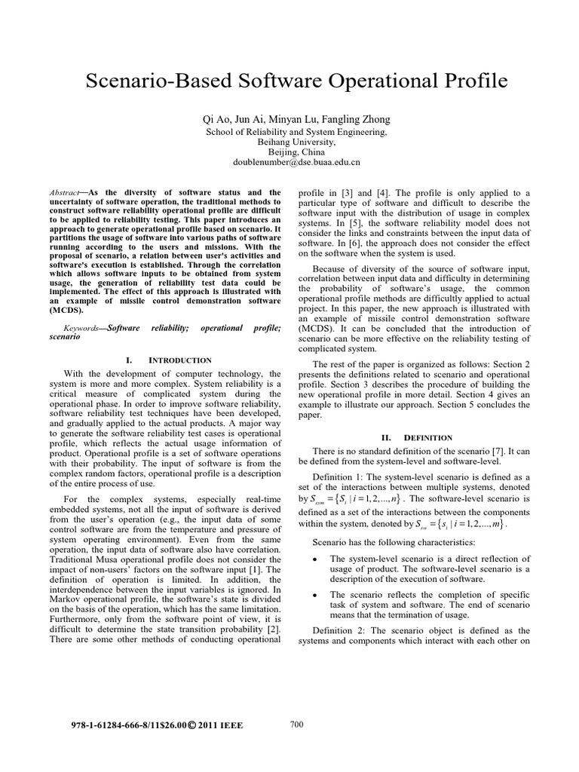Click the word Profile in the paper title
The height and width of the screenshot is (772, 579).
(x=464, y=81)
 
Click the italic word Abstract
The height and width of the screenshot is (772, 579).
(x=65, y=193)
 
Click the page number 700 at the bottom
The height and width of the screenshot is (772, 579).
(x=296, y=725)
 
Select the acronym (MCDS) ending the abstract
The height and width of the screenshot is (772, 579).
(x=66, y=310)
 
